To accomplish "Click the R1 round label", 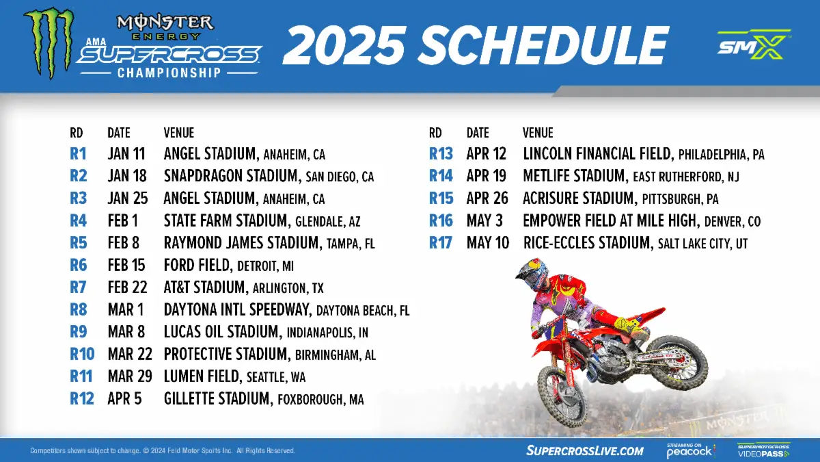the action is click(x=78, y=153).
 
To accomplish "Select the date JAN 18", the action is click(x=127, y=176).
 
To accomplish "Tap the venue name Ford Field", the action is click(x=197, y=265).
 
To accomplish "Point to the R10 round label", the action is click(x=82, y=355).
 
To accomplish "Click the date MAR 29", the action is click(x=130, y=376).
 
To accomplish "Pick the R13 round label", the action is click(x=441, y=153).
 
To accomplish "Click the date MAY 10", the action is click(x=488, y=243).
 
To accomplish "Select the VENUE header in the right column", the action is click(x=538, y=132).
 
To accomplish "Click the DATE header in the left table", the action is click(x=119, y=132).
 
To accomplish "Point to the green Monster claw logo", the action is click(x=49, y=43).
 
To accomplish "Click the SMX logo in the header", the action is click(x=753, y=44).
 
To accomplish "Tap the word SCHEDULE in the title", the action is click(x=543, y=45).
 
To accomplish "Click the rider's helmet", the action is click(x=532, y=274).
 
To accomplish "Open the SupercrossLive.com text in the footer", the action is click(x=585, y=450).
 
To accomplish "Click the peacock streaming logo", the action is click(x=690, y=450).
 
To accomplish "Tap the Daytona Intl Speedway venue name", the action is click(x=237, y=310).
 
